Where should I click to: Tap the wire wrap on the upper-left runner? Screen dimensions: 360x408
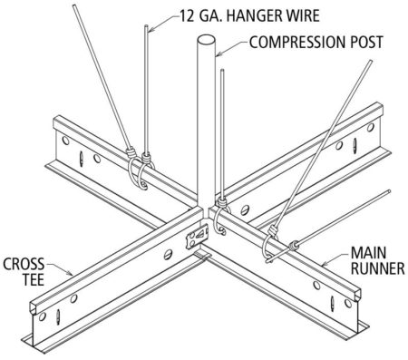coord(137,163)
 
